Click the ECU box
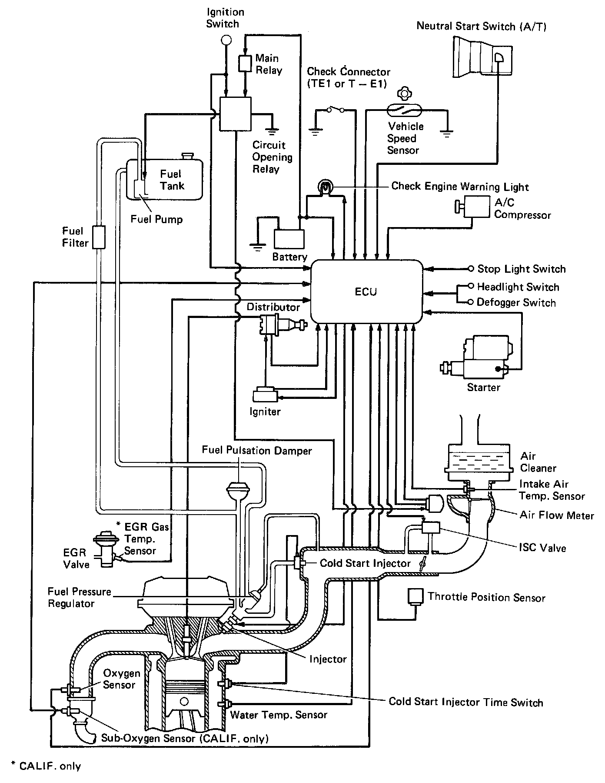point(367,291)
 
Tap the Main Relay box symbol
point(245,64)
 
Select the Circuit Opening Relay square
point(235,114)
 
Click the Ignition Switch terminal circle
point(226,40)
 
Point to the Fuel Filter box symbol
point(99,237)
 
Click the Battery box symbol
point(289,239)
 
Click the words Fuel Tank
point(172,180)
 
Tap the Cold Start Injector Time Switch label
point(465,702)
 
